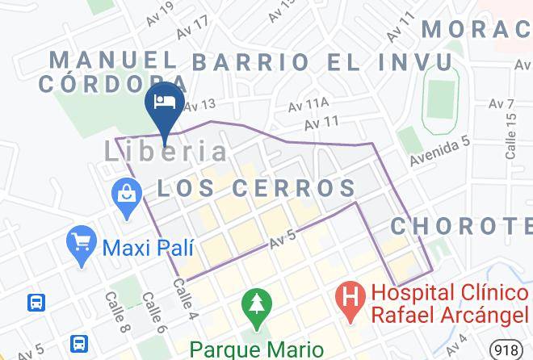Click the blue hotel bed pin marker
pos(165,103)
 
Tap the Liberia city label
pos(167,151)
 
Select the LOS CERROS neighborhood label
pos(256,188)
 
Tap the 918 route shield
pos(506,349)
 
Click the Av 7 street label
pos(501,104)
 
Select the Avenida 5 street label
pos(438,151)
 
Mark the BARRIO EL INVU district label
pos(321,62)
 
